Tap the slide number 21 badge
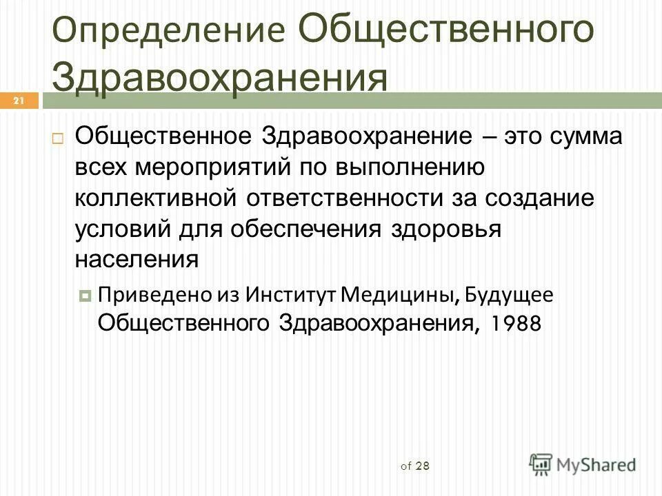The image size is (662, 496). click(x=19, y=101)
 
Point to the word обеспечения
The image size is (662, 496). click(x=283, y=229)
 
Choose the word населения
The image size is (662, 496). click(x=137, y=259)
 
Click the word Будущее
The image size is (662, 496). click(x=509, y=294)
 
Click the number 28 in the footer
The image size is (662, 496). click(x=423, y=466)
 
